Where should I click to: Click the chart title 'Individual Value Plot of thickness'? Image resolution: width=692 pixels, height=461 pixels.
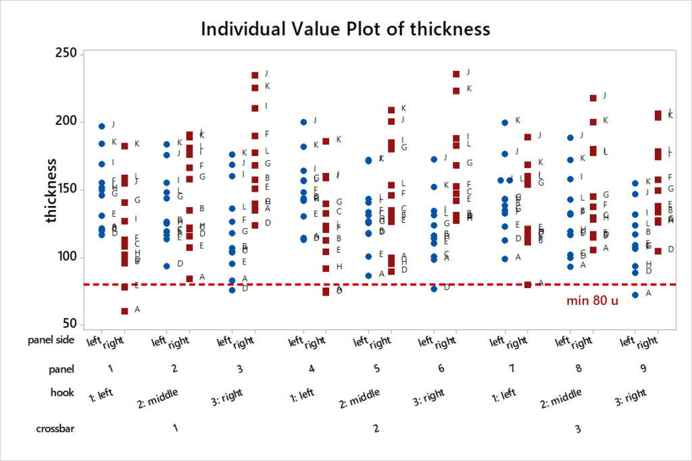click(345, 29)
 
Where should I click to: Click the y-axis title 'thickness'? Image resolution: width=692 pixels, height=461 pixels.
click(52, 190)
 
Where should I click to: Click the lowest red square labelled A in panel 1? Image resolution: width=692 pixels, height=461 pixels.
click(124, 311)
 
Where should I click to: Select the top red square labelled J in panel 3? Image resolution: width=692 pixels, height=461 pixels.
click(255, 75)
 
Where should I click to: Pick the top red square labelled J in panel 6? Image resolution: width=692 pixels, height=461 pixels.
click(456, 74)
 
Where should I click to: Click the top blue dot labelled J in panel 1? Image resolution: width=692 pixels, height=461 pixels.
click(102, 126)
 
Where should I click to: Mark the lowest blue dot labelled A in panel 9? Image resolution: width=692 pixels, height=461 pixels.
click(635, 295)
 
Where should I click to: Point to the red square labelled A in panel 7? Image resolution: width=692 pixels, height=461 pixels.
click(528, 284)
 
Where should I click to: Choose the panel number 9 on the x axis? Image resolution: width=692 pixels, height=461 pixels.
click(644, 369)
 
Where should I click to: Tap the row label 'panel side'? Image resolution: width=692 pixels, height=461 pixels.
click(51, 340)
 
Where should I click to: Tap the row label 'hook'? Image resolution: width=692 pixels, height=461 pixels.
click(62, 391)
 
